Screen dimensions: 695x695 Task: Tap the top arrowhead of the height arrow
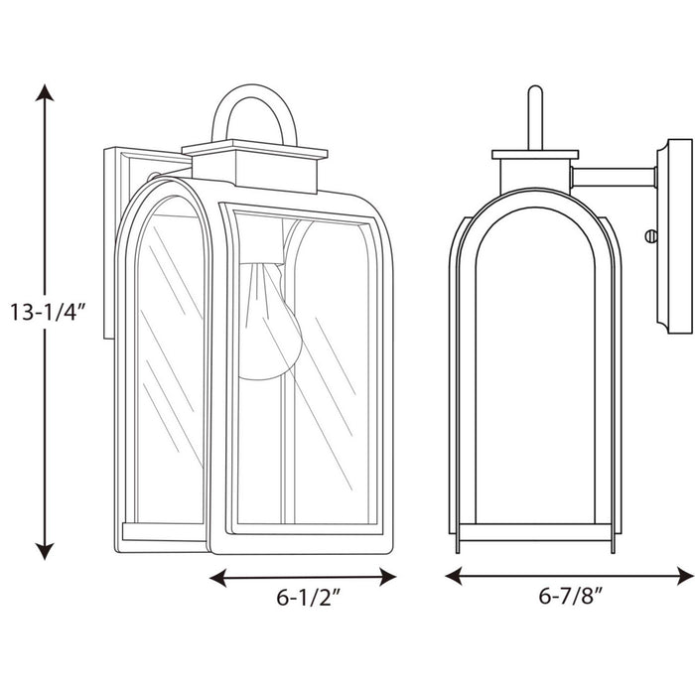point(45,93)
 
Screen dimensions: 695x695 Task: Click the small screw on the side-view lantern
point(651,236)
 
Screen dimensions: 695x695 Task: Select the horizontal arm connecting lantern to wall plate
point(613,177)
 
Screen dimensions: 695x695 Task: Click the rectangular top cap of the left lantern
point(254,151)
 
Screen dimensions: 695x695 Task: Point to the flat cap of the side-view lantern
point(535,156)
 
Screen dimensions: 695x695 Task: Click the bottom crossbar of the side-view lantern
point(535,533)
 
